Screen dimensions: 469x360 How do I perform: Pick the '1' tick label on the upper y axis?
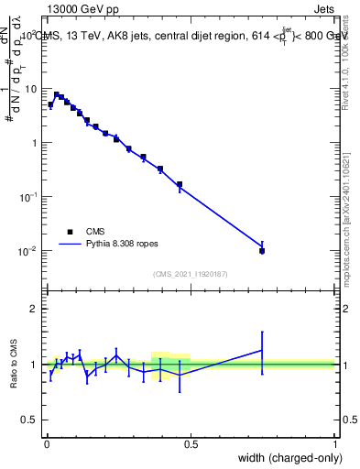pos(35,143)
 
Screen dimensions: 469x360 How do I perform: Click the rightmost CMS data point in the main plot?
pos(262,250)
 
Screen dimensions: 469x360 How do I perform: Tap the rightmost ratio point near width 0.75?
pos(262,350)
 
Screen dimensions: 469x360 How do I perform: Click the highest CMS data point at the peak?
pos(56,94)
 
